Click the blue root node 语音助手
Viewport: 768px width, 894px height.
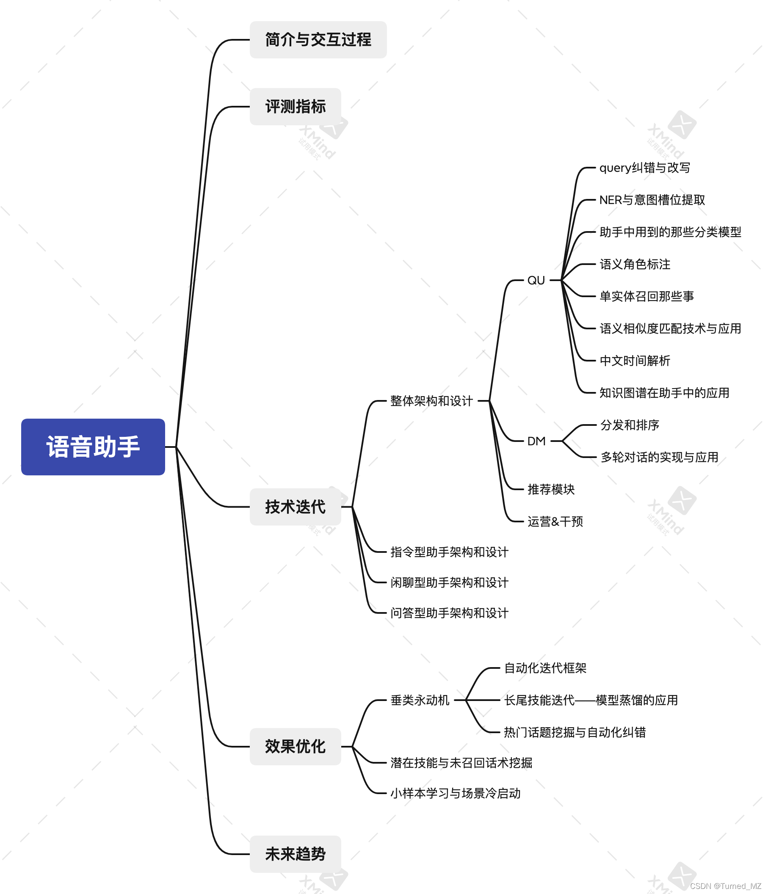pos(93,447)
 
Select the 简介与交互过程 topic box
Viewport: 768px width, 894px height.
pos(318,40)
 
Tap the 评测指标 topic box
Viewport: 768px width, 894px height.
pos(295,107)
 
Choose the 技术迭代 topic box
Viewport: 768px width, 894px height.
pos(295,507)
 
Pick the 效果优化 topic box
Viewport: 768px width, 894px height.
pos(295,746)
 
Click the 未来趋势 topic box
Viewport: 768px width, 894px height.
pos(295,854)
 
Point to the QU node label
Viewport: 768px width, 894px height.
pos(536,281)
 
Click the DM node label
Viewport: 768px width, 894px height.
pos(536,441)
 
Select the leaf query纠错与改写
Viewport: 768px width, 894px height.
pos(645,168)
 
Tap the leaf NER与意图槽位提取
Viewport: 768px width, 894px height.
pos(652,200)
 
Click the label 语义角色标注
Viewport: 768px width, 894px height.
pos(635,264)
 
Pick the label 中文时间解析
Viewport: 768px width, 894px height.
pos(635,360)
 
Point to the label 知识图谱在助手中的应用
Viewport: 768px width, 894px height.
pos(664,393)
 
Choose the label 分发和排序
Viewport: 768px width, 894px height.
pos(630,425)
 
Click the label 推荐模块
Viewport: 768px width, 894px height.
pos(551,489)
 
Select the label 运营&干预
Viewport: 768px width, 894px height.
pos(555,521)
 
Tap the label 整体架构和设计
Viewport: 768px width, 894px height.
pos(431,401)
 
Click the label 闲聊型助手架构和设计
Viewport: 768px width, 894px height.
pos(449,582)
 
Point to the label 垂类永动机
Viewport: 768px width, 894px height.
pos(420,700)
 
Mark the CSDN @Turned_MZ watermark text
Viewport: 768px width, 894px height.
pos(725,886)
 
